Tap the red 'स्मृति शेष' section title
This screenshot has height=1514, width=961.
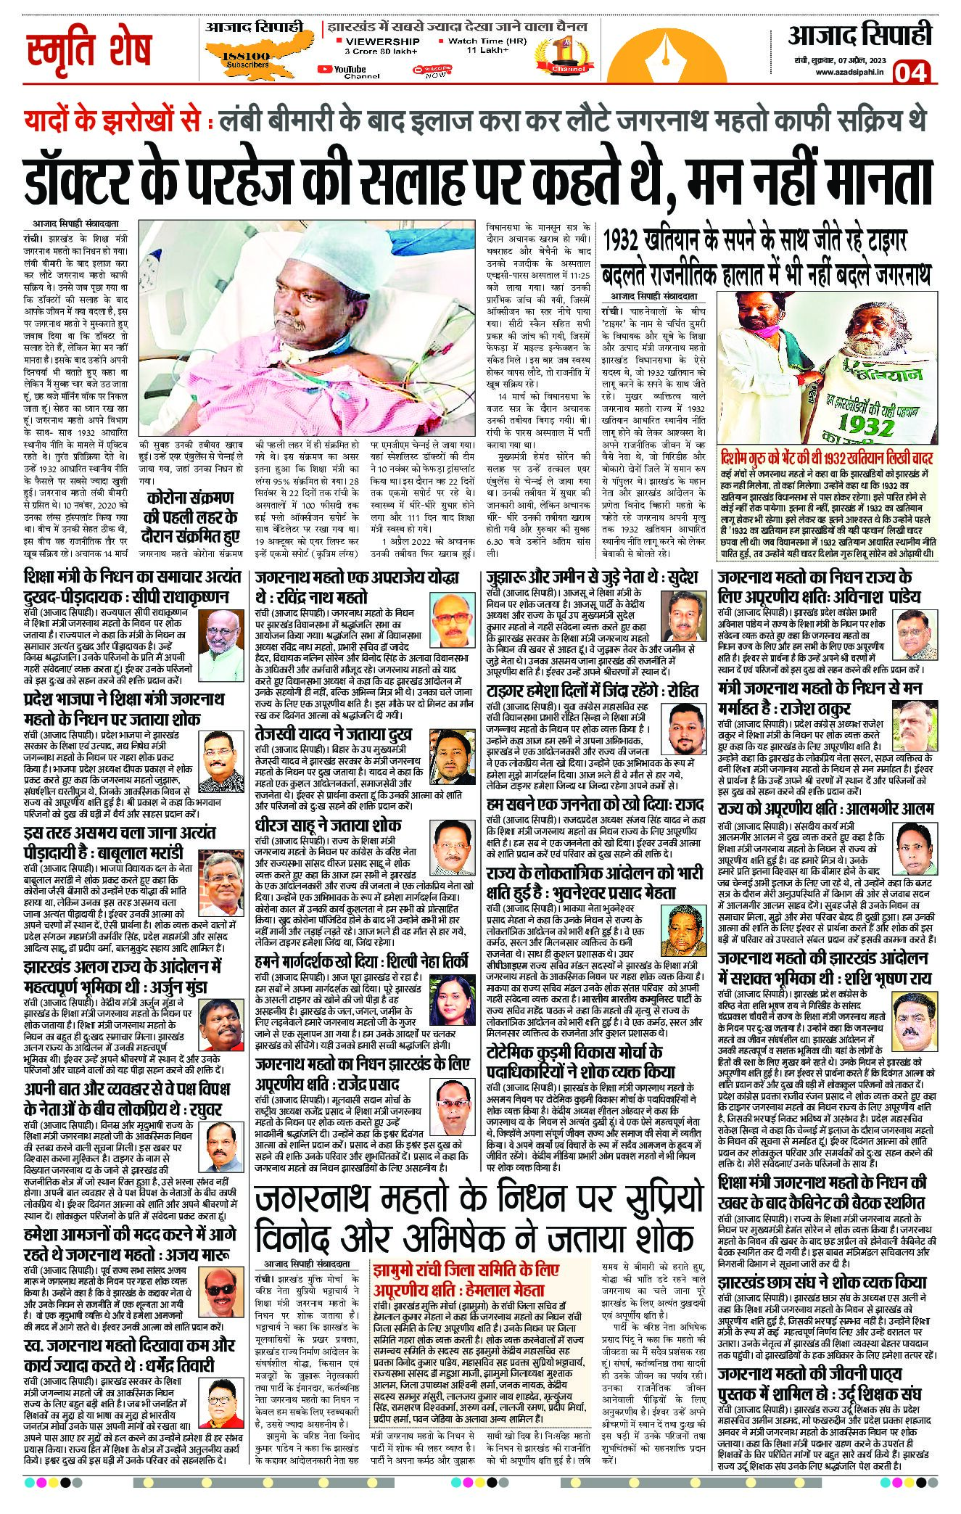[x=89, y=51]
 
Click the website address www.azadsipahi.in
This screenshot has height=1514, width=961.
[x=849, y=71]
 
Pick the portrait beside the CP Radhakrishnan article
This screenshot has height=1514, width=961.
[x=220, y=632]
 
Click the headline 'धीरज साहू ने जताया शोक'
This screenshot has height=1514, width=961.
[x=329, y=826]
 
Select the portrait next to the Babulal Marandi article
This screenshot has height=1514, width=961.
[x=220, y=873]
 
